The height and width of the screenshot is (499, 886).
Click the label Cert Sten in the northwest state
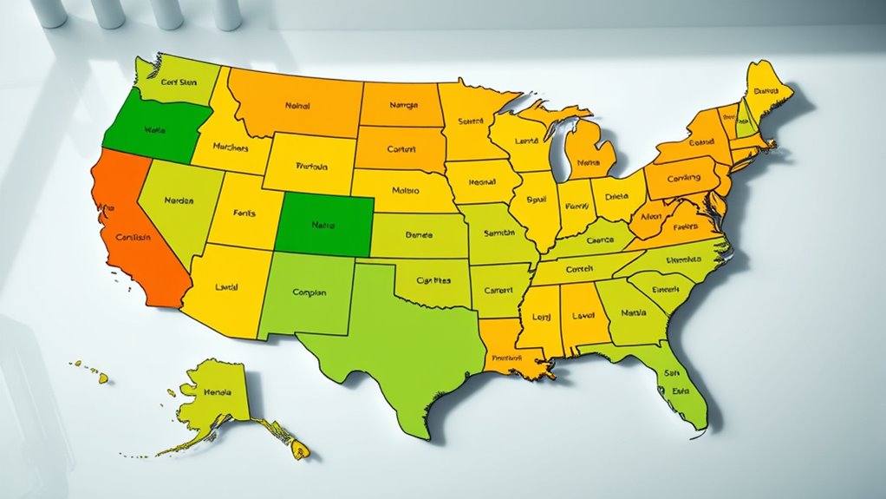pyautogui.click(x=178, y=83)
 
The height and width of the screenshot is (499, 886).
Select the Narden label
pyautogui.click(x=178, y=200)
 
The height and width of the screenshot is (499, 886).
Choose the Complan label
pyautogui.click(x=309, y=293)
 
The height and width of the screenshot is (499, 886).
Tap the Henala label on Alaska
pyautogui.click(x=217, y=393)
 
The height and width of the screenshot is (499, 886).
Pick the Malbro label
pyautogui.click(x=405, y=189)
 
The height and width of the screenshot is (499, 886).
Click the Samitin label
pyautogui.click(x=498, y=234)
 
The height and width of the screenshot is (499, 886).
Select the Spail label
pyautogui.click(x=537, y=200)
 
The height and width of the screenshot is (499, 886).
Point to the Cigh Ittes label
pyautogui.click(x=433, y=281)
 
